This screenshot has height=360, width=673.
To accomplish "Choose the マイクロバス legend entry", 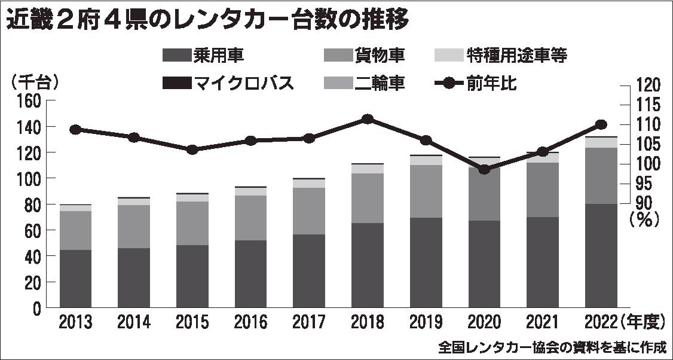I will click(228, 83).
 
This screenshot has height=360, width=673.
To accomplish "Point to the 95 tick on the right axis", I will click(644, 184).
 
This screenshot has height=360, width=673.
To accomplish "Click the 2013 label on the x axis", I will click(76, 323).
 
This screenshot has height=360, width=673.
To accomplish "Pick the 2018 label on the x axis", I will click(368, 323).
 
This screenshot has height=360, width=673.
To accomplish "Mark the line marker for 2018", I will click(368, 119).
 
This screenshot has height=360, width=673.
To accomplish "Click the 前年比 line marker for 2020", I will click(484, 169).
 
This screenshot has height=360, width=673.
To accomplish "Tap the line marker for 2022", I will click(601, 124).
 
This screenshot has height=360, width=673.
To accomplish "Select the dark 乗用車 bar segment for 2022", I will click(601, 256).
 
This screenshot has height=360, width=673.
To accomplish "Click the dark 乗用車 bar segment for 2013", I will click(75, 279).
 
